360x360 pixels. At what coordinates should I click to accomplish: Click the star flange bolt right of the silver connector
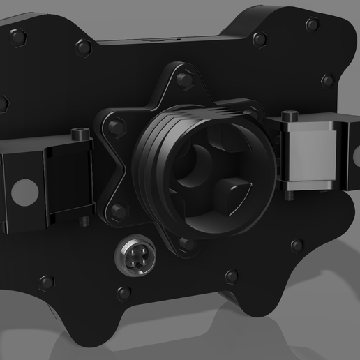tap(186, 244)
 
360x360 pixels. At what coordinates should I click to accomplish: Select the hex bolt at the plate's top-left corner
tap(17, 34)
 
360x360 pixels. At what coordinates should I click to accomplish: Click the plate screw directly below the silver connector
tap(124, 293)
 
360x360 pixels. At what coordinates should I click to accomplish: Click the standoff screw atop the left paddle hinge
tap(80, 134)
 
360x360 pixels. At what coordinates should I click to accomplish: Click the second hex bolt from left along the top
tap(84, 48)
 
